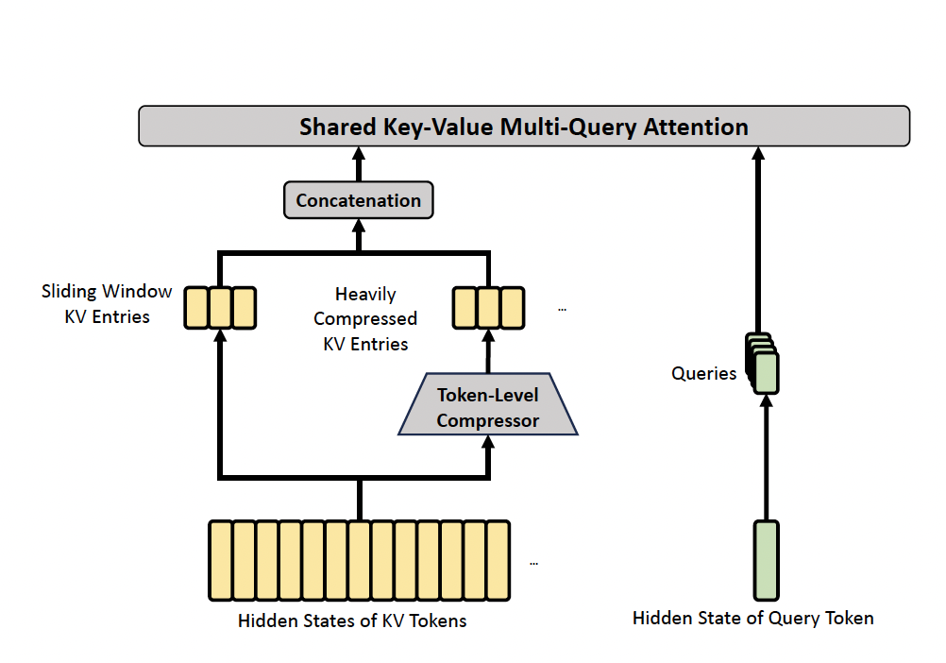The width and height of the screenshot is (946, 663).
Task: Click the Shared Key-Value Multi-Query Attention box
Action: (x=524, y=127)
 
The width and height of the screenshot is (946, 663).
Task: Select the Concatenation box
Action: (x=359, y=200)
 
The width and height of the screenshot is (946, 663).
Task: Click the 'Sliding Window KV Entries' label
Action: (x=107, y=304)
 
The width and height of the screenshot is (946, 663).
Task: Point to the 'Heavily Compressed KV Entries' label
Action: (x=365, y=319)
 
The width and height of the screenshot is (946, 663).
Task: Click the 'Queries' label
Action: (x=703, y=374)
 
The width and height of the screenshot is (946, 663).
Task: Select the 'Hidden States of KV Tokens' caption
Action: (x=352, y=621)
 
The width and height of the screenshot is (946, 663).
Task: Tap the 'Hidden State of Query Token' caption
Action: (x=752, y=619)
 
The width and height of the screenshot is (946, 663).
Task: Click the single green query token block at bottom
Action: (x=766, y=560)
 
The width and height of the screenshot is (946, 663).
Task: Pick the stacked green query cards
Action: (x=763, y=363)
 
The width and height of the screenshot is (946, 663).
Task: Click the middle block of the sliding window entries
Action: (x=220, y=307)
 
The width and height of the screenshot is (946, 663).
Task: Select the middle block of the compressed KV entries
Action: (x=488, y=307)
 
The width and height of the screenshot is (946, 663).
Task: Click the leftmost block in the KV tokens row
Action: (x=221, y=560)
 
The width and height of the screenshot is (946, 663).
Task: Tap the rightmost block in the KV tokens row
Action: (x=498, y=560)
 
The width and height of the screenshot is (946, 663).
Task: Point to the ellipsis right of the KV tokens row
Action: (x=533, y=563)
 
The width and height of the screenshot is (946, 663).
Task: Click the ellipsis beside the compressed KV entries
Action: (x=563, y=309)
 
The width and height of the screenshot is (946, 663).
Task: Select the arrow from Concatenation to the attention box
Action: (x=359, y=164)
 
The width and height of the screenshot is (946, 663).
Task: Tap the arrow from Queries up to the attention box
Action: (x=757, y=236)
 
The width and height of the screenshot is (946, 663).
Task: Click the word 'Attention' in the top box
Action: (x=695, y=127)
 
